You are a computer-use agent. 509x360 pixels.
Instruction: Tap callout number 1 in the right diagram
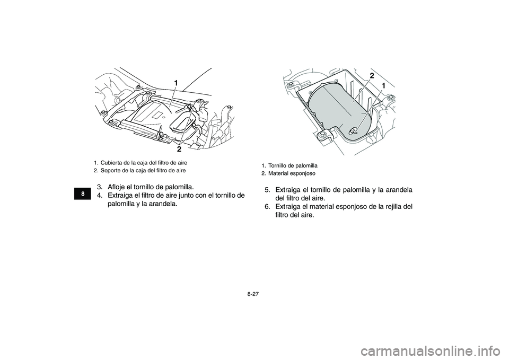click(x=382, y=86)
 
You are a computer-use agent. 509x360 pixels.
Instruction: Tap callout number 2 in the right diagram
click(x=372, y=75)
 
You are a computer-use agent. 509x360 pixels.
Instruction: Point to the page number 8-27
click(x=254, y=293)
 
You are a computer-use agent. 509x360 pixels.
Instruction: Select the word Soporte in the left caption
click(x=110, y=170)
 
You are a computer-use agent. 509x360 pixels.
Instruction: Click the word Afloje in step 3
click(x=117, y=187)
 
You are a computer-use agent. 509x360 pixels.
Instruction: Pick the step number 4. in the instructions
click(x=100, y=196)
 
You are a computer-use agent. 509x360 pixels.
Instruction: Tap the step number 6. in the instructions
click(x=268, y=207)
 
